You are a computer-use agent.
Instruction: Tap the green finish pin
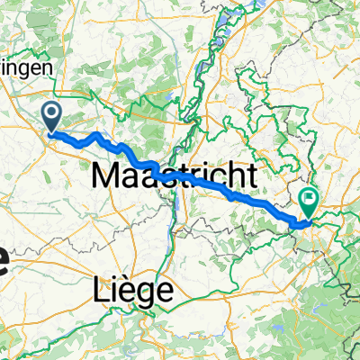(x=310, y=200)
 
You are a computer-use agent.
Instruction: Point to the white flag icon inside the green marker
(x=310, y=196)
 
